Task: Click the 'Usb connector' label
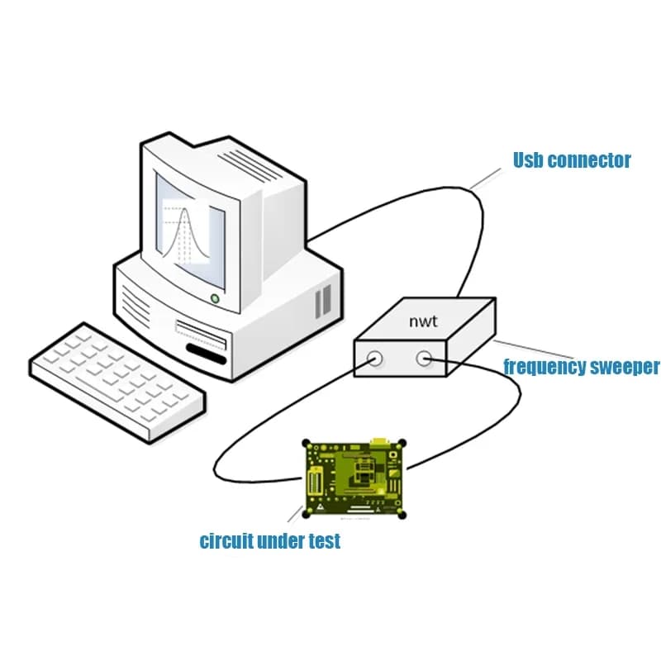572,160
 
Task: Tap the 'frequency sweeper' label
582,367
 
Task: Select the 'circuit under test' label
270,540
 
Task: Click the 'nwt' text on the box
423,321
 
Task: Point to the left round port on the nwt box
374,359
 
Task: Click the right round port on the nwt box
424,359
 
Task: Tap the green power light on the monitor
215,298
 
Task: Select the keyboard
117,383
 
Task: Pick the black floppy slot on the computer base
206,354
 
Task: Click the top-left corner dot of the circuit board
307,443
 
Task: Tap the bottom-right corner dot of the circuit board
402,515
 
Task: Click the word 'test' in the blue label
325,541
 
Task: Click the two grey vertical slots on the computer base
323,301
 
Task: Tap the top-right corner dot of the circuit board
402,444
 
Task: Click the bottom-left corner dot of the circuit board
307,514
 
